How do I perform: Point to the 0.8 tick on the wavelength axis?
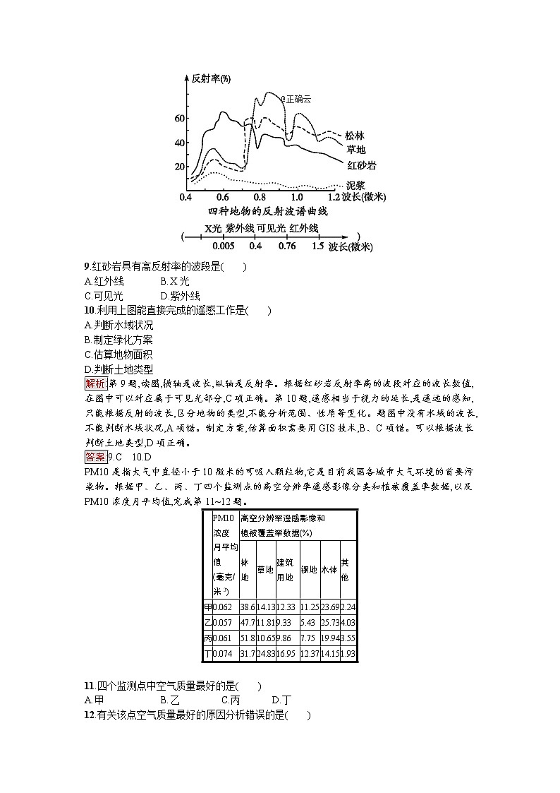coord(259,197)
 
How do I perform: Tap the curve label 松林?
coord(355,136)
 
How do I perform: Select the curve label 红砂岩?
coord(361,165)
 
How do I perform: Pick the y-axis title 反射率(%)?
coord(211,78)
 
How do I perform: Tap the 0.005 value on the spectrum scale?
coord(223,246)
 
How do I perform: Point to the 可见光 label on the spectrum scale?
coord(271,228)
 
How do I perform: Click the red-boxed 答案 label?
coord(95,456)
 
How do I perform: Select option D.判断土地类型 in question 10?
coord(118,369)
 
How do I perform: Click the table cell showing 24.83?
coord(264,654)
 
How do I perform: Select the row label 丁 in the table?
coord(207,654)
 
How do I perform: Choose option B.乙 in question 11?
coord(170,700)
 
